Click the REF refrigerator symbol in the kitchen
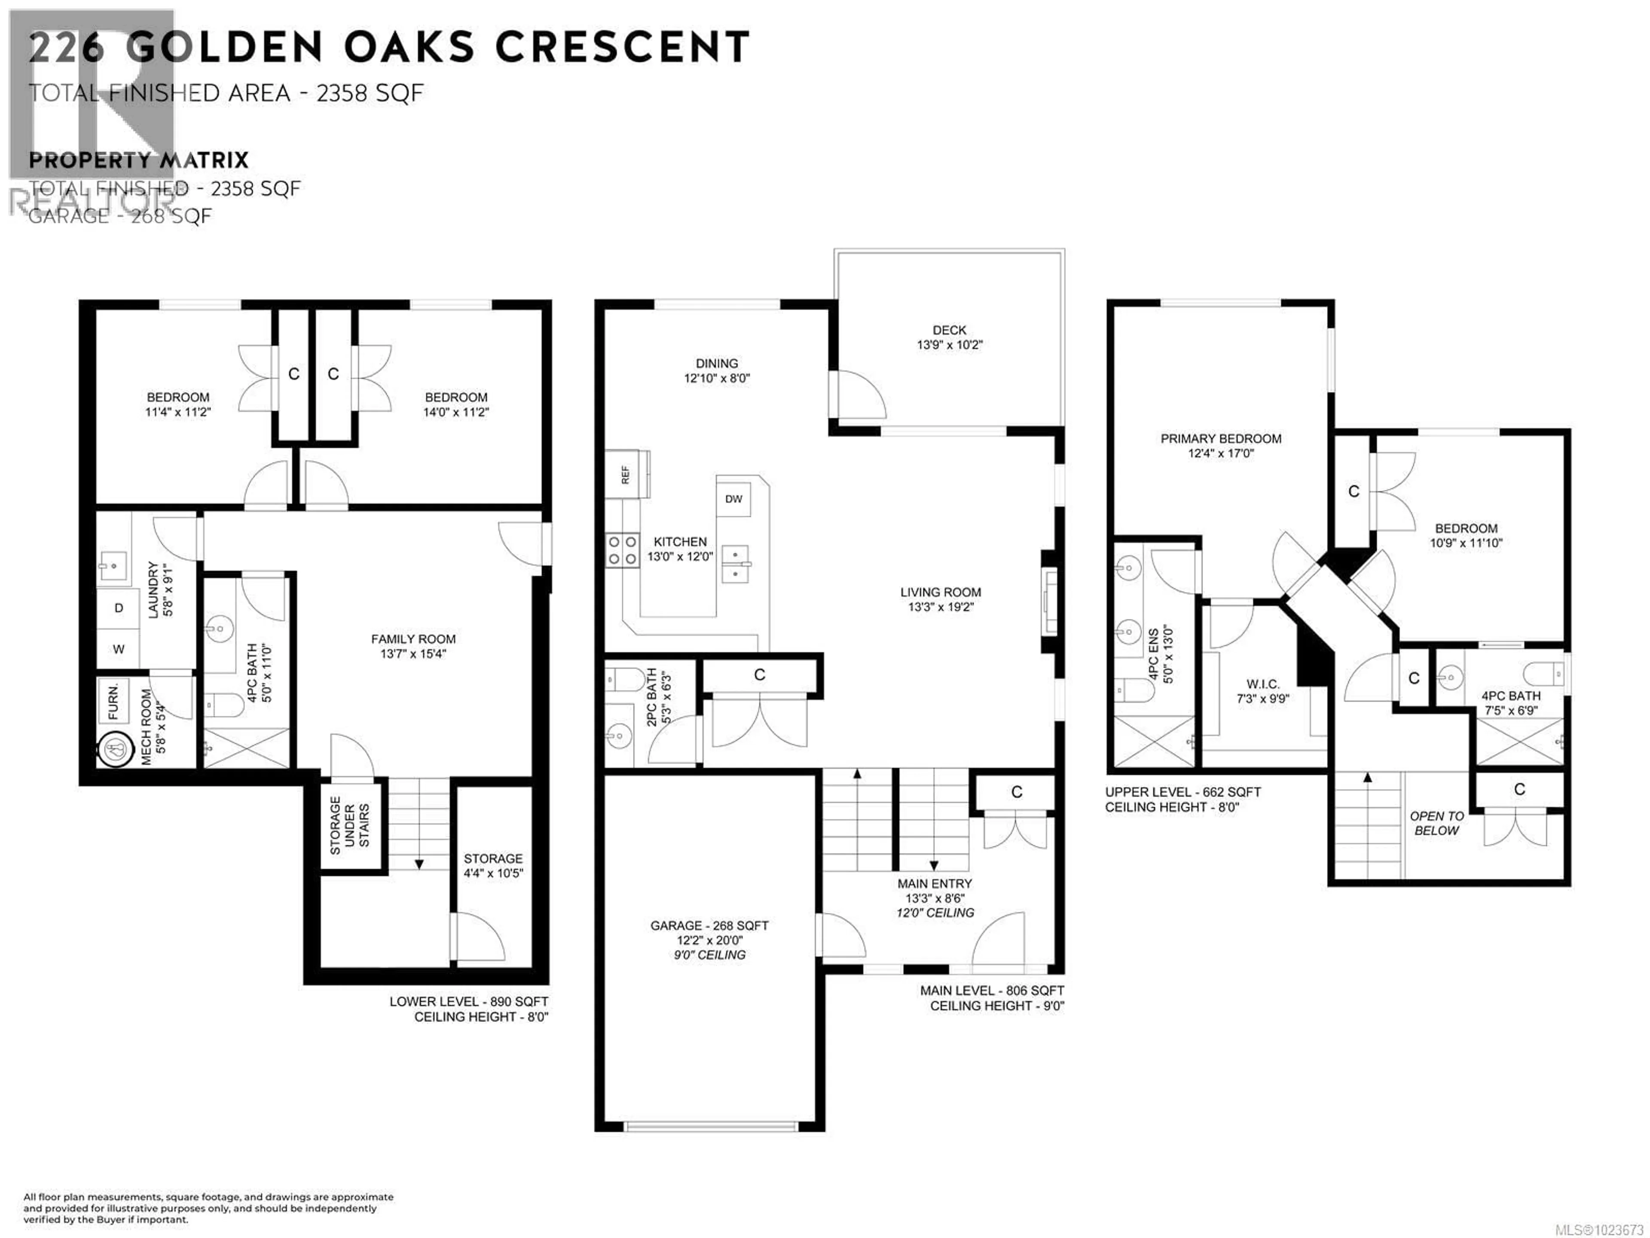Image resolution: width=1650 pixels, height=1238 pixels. [626, 474]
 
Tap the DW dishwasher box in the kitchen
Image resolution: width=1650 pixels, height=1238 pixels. [733, 499]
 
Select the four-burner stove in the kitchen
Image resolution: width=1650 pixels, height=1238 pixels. [621, 551]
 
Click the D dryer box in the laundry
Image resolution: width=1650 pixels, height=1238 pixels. [118, 608]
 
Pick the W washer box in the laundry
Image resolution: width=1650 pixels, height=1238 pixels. [118, 649]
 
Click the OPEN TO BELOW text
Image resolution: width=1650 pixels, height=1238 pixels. [1436, 823]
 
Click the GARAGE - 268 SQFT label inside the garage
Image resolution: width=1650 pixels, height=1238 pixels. [709, 925]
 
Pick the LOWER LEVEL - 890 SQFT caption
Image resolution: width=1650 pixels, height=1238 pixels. [468, 1002]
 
